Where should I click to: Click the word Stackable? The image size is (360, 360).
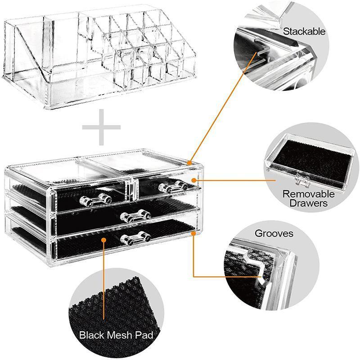click(304, 32)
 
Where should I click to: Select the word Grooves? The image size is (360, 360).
click(274, 234)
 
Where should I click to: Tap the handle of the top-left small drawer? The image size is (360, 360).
click(95, 198)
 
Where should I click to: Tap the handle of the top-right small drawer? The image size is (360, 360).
click(173, 184)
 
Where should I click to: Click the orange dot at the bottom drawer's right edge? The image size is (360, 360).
click(193, 234)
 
